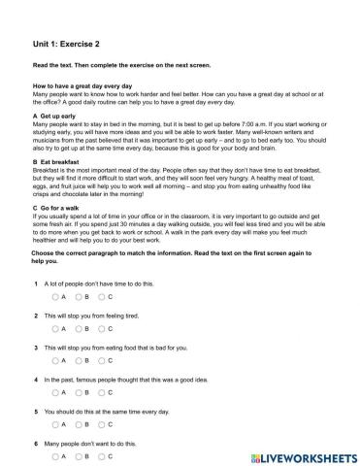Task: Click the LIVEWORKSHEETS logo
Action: (x=291, y=454)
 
